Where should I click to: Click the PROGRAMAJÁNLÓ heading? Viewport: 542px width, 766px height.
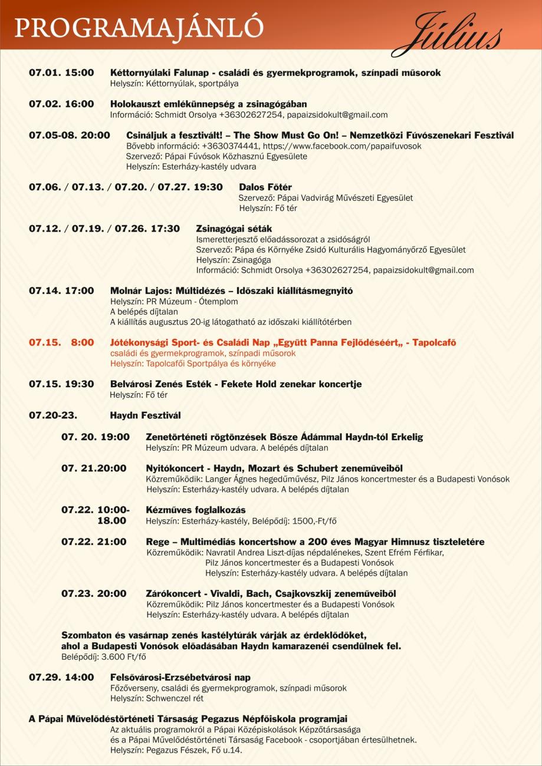click(140, 27)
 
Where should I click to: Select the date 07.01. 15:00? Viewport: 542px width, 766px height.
click(61, 72)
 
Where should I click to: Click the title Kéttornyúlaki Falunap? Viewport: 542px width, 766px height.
click(161, 72)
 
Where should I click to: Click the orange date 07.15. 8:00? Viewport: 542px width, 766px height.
click(61, 342)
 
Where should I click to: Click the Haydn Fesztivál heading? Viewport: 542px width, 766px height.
click(145, 415)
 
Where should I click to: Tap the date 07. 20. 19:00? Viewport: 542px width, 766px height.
click(95, 437)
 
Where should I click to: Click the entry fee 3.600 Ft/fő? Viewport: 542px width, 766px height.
click(124, 656)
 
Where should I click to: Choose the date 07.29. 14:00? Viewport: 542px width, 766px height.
click(61, 677)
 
